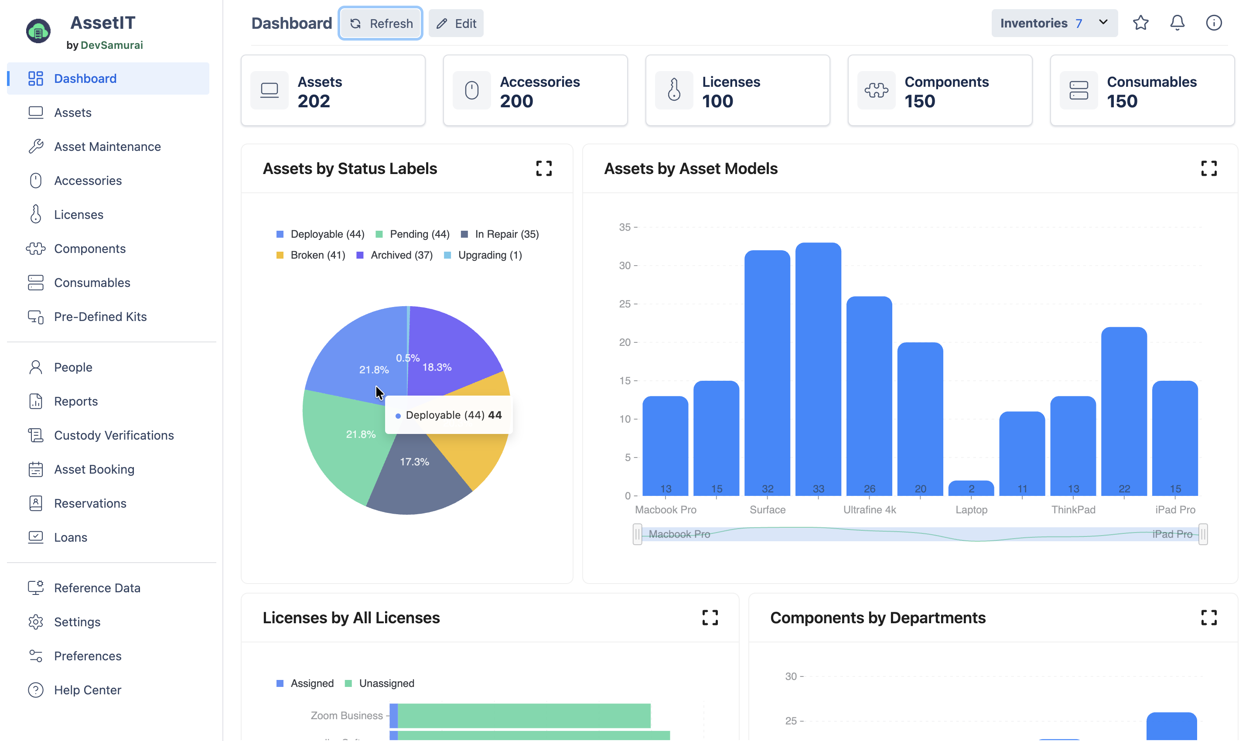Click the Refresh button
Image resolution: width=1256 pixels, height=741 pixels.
tap(381, 24)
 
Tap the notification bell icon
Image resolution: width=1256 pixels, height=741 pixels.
tap(1177, 23)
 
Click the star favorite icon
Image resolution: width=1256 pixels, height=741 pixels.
tap(1141, 23)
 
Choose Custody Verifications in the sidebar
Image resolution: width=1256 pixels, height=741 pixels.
tap(114, 435)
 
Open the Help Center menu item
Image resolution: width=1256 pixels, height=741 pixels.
tap(87, 690)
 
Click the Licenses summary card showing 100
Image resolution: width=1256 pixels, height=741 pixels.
tap(737, 90)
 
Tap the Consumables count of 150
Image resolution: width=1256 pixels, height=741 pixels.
tap(1122, 101)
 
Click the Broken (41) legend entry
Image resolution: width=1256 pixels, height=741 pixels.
tap(311, 255)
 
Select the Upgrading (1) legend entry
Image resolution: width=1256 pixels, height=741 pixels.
tap(483, 255)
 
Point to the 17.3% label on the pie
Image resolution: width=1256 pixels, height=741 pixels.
tap(414, 462)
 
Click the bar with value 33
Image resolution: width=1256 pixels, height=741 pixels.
tap(818, 369)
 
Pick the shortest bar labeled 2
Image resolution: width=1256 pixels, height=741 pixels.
tap(971, 488)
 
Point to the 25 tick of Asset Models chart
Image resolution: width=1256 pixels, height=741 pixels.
tap(625, 304)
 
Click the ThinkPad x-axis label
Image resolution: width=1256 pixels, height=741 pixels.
tap(1073, 510)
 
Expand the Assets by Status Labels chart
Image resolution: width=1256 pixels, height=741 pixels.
tap(544, 168)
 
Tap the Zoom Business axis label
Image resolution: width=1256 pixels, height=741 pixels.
tap(346, 716)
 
